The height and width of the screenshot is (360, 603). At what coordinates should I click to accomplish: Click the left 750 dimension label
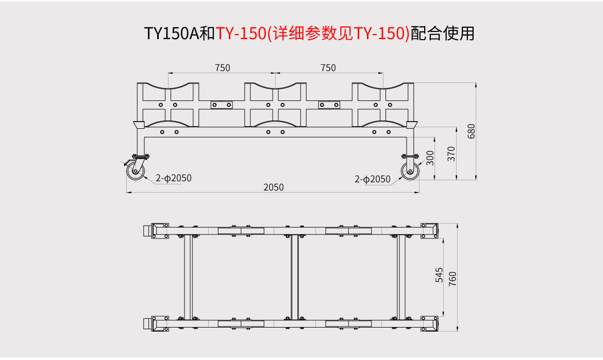222,68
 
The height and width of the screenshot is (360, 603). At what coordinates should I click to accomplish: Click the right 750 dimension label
328,68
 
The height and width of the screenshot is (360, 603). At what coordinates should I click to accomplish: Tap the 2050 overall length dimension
274,187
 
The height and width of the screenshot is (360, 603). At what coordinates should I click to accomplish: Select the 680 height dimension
471,131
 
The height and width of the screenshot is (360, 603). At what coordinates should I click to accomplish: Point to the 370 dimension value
451,153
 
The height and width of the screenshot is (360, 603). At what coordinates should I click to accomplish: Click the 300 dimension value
430,158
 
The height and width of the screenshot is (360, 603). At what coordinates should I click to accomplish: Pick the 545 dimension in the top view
439,275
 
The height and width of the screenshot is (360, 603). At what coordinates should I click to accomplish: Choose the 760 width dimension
453,279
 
